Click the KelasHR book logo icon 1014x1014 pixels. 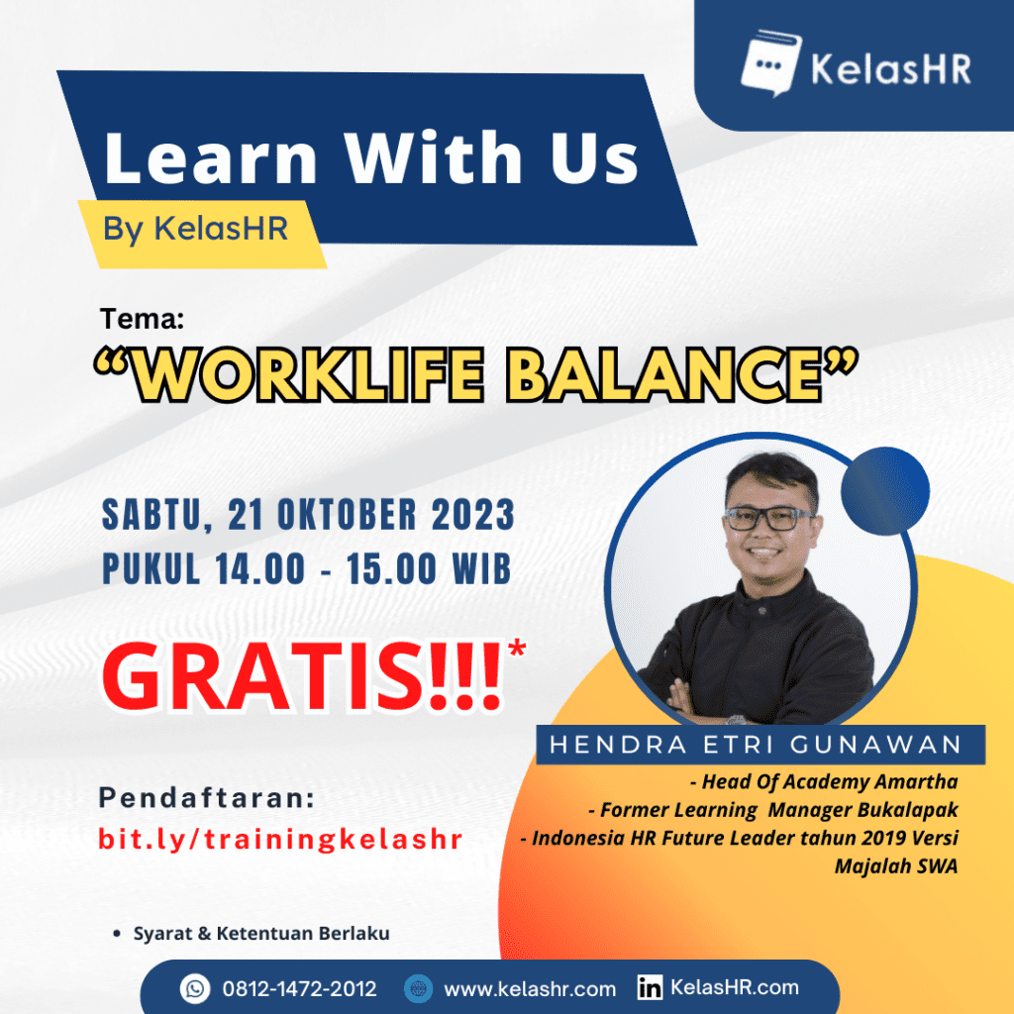pyautogui.click(x=770, y=62)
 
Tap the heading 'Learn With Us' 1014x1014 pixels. pyautogui.click(x=371, y=157)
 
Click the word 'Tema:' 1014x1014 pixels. pyautogui.click(x=143, y=319)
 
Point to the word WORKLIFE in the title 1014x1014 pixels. pyautogui.click(x=308, y=374)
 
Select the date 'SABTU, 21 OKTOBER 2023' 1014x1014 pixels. pyautogui.click(x=309, y=515)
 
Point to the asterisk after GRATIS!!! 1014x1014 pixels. pyautogui.click(x=517, y=649)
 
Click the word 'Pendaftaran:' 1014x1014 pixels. pyautogui.click(x=207, y=798)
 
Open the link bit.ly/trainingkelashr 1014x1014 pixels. pyautogui.click(x=280, y=840)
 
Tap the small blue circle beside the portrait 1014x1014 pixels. pyautogui.click(x=884, y=491)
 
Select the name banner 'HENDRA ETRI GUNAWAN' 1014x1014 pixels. pyautogui.click(x=760, y=745)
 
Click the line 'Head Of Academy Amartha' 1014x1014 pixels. pyautogui.click(x=823, y=782)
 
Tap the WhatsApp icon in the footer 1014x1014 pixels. pyautogui.click(x=195, y=989)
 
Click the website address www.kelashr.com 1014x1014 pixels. pyautogui.click(x=530, y=989)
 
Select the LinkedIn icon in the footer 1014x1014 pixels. pyautogui.click(x=650, y=987)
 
